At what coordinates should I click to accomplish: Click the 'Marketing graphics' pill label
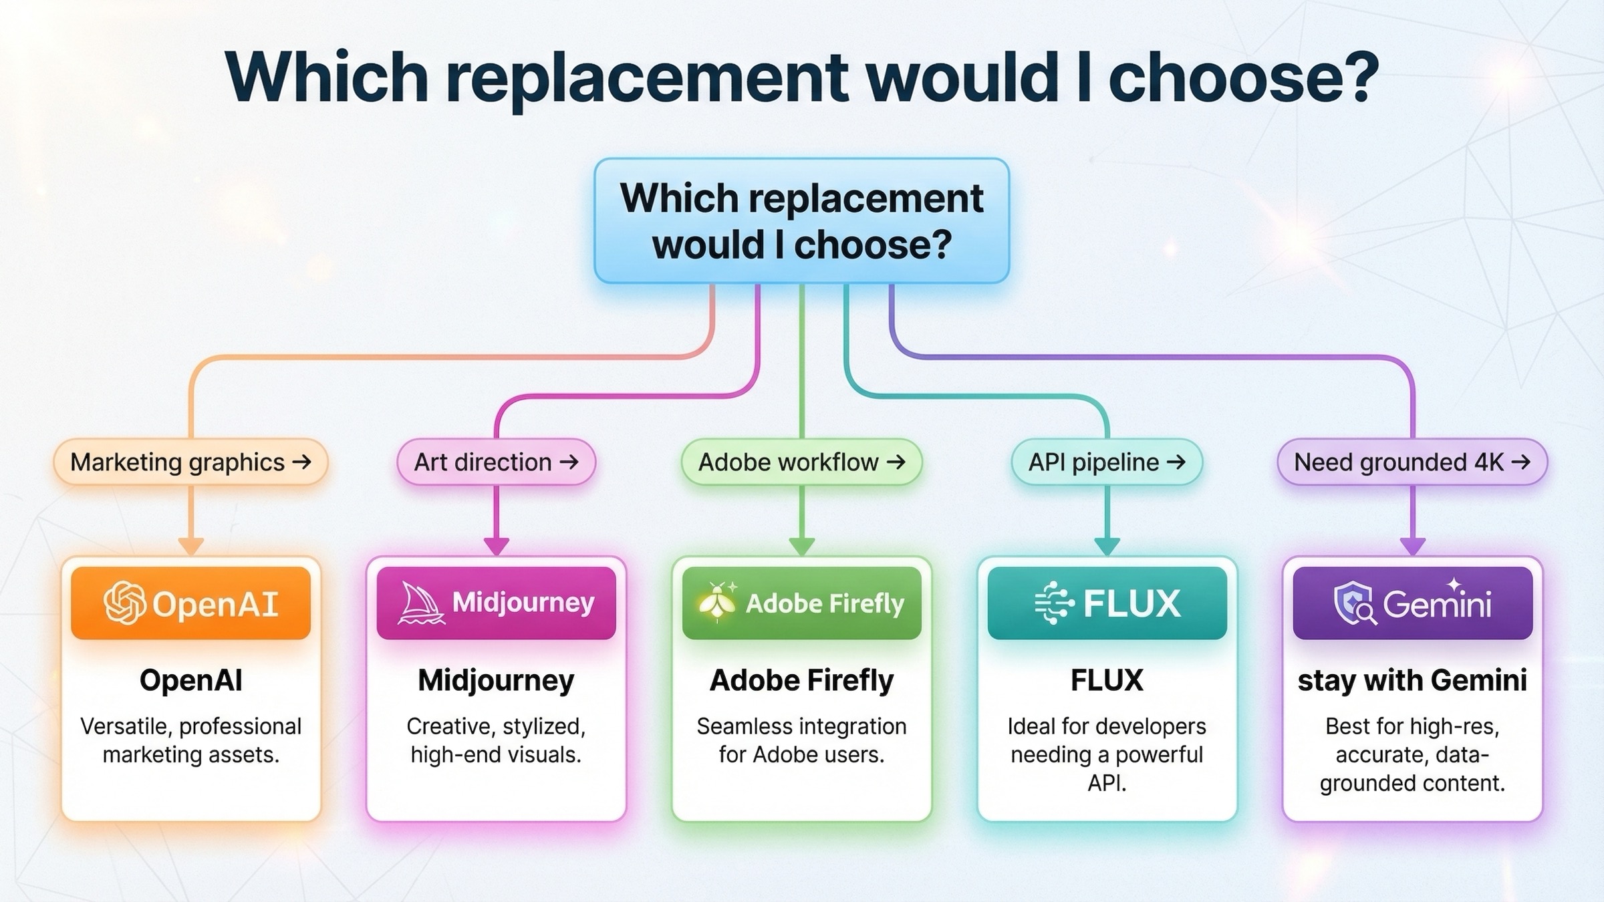tap(190, 462)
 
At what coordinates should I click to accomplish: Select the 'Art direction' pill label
tap(496, 462)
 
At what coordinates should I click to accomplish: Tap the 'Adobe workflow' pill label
tap(801, 462)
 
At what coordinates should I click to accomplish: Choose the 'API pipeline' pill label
tap(1107, 462)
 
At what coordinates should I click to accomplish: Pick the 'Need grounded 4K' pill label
tap(1412, 462)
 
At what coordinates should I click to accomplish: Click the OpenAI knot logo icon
tap(124, 603)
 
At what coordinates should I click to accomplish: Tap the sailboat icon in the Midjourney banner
tap(421, 603)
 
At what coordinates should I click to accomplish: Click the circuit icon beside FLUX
tap(1054, 603)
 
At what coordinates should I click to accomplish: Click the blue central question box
tap(801, 221)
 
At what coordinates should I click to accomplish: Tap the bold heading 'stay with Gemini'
tap(1412, 680)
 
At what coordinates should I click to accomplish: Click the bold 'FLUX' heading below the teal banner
tap(1107, 680)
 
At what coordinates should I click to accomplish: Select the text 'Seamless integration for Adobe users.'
tap(801, 740)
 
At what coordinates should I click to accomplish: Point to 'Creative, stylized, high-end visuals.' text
tap(496, 740)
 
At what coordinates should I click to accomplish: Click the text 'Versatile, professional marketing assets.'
tap(190, 740)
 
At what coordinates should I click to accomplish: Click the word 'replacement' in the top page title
tap(647, 79)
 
